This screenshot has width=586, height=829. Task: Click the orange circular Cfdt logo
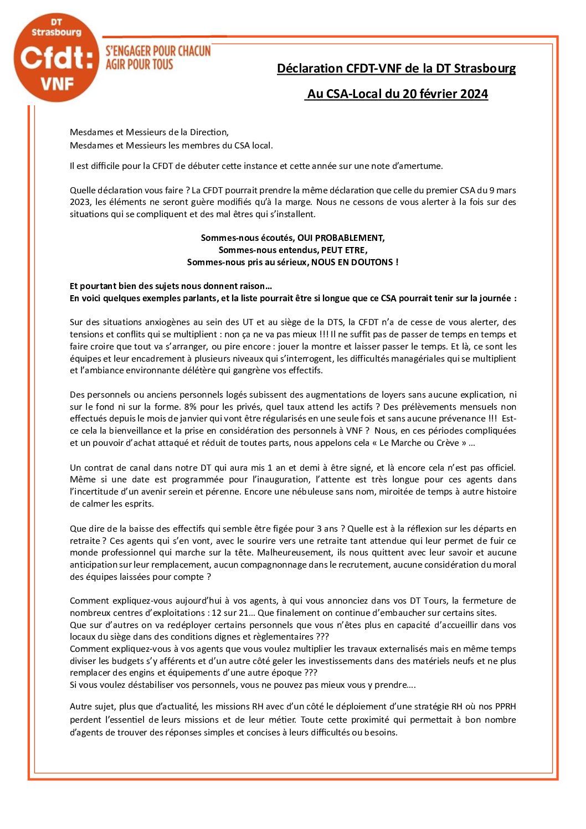point(56,58)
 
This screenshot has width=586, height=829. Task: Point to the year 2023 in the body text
point(80,202)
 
